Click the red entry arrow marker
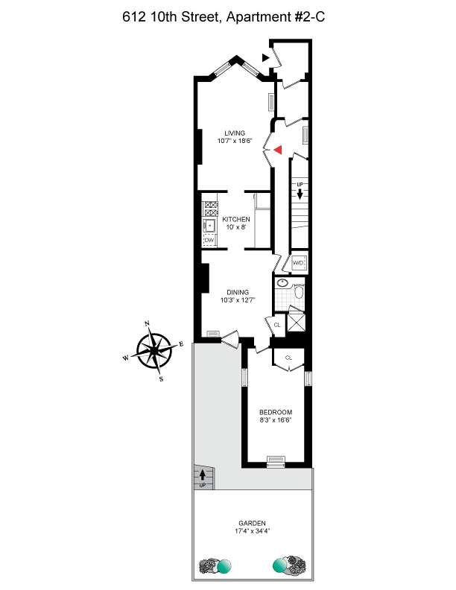point(277,150)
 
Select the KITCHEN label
point(235,219)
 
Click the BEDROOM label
point(275,413)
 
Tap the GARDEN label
point(253,523)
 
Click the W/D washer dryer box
point(299,263)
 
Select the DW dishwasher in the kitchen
point(209,241)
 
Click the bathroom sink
point(282,284)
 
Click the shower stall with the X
point(298,322)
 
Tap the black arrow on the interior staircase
point(300,194)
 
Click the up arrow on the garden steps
point(202,475)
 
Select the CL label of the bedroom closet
point(289,358)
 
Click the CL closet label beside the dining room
point(277,325)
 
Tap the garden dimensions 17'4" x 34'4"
point(253,532)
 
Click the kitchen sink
point(210,225)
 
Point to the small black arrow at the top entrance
point(265,56)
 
